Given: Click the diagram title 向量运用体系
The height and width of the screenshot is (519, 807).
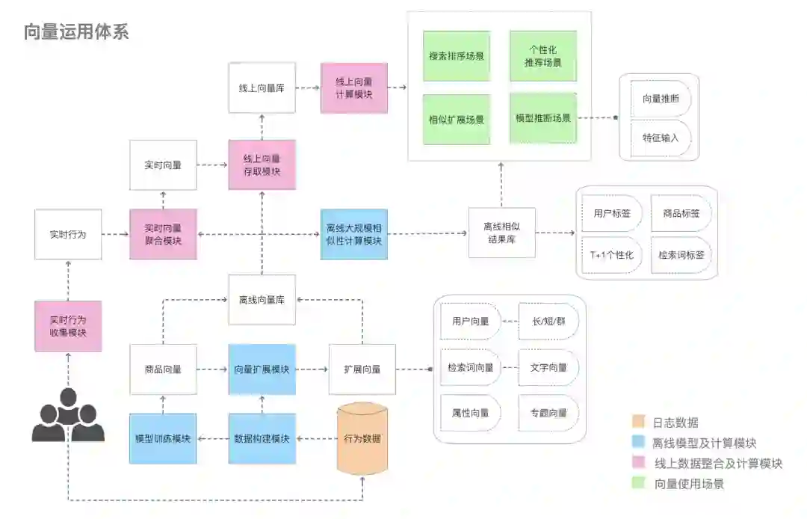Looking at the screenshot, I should pyautogui.click(x=76, y=31).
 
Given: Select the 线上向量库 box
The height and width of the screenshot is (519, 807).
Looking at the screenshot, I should pyautogui.click(x=262, y=88).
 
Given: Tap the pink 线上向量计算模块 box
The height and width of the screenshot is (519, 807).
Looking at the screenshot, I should pyautogui.click(x=354, y=88).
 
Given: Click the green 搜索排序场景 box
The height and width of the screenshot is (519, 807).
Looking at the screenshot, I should pyautogui.click(x=457, y=56).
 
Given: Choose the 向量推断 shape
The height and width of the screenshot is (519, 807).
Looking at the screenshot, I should pyautogui.click(x=661, y=99).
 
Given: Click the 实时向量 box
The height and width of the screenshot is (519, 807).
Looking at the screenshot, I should pyautogui.click(x=163, y=165).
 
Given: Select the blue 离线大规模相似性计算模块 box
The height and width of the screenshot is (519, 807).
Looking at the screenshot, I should pyautogui.click(x=354, y=234).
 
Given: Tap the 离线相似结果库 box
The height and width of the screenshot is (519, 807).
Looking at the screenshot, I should pyautogui.click(x=501, y=233).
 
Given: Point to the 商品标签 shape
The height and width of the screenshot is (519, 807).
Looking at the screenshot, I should pyautogui.click(x=681, y=214).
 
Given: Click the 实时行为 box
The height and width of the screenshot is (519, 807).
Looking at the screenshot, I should pyautogui.click(x=68, y=234).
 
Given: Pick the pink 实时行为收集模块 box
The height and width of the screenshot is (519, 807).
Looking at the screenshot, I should pyautogui.click(x=68, y=326).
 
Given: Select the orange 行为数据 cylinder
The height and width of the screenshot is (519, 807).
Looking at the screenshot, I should pyautogui.click(x=362, y=439).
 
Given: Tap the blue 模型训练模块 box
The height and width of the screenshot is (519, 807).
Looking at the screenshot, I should pyautogui.click(x=163, y=439).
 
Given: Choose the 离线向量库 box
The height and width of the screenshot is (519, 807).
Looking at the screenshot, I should pyautogui.click(x=262, y=300).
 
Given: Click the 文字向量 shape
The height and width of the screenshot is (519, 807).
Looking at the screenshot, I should pyautogui.click(x=548, y=367).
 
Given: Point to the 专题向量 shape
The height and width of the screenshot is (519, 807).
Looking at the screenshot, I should pyautogui.click(x=548, y=412).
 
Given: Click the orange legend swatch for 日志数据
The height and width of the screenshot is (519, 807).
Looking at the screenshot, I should pyautogui.click(x=637, y=423).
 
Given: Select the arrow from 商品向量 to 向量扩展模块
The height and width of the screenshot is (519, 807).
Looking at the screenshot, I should pyautogui.click(x=213, y=369).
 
